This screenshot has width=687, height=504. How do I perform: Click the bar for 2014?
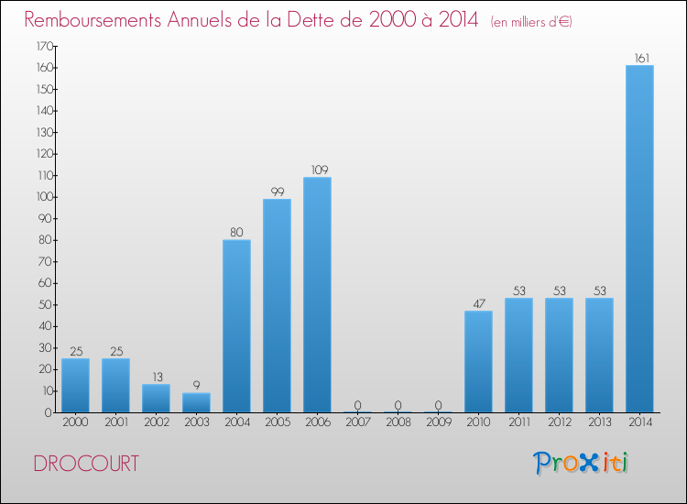639,238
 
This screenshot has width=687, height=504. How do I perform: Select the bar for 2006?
317,294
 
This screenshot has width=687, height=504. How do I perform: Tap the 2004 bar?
236,325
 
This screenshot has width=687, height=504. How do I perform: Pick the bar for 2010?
478,361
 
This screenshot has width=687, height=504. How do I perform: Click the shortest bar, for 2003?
196,402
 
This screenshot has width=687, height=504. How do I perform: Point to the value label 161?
639,59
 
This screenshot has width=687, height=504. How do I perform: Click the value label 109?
317,170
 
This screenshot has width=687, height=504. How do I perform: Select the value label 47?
478,303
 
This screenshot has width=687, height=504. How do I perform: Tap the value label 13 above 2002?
156,377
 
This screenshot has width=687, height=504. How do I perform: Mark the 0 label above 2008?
398,405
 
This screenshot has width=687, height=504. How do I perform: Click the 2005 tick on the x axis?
277,422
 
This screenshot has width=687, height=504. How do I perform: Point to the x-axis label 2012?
559,422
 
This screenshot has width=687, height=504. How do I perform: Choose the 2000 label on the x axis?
75,422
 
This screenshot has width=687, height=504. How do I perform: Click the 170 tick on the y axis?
42,46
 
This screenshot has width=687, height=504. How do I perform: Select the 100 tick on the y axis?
42,197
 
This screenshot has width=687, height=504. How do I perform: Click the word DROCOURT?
86,464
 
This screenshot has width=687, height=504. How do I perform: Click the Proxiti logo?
580,463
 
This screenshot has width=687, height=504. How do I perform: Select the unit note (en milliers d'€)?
531,22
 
